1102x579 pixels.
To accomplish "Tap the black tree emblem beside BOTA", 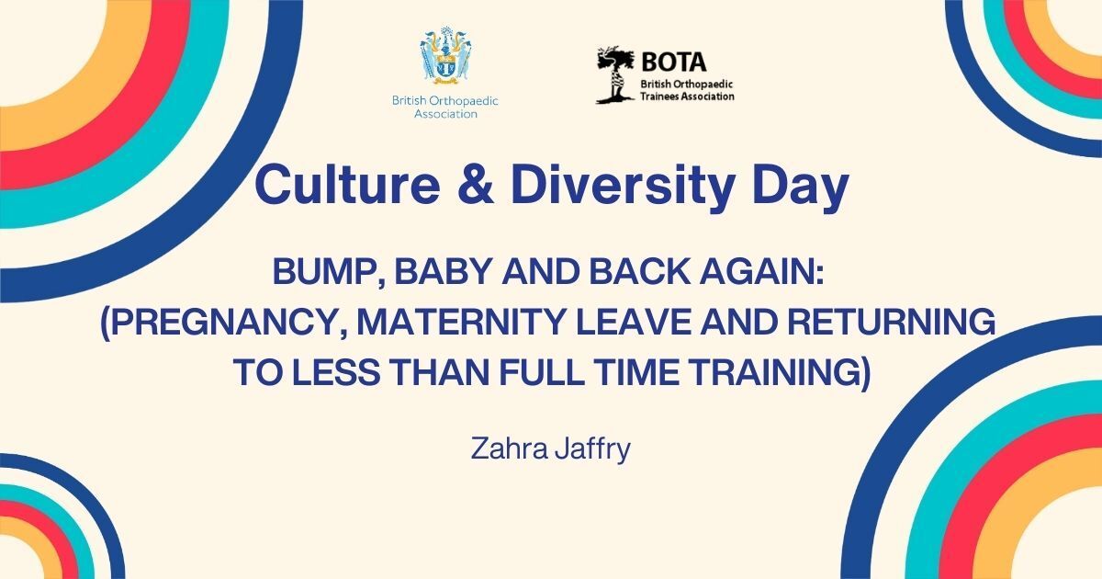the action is [x=615, y=74].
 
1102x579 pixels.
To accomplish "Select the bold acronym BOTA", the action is [x=674, y=62].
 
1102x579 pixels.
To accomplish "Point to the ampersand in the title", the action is [x=477, y=185].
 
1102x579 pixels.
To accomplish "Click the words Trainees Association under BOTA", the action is [x=687, y=96].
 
